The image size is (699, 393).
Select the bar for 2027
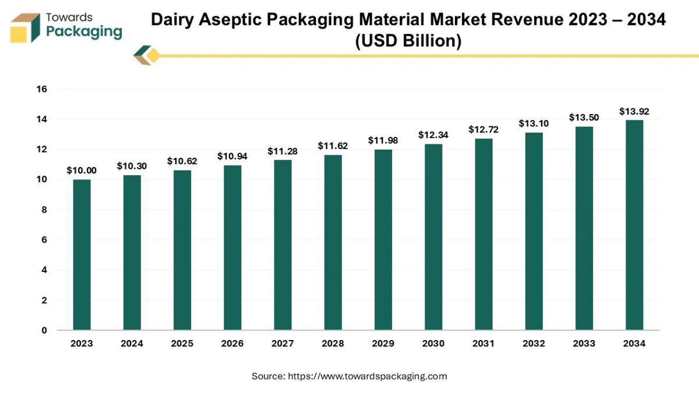(x=283, y=245)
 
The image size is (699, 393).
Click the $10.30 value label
(x=132, y=166)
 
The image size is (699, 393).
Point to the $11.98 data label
(x=383, y=140)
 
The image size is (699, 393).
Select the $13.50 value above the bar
(x=584, y=118)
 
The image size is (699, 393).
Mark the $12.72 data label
(x=483, y=129)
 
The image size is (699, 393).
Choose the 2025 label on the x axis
(x=182, y=344)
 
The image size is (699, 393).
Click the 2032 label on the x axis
(x=534, y=344)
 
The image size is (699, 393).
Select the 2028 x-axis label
(x=333, y=344)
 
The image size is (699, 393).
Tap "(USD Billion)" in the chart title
(x=407, y=41)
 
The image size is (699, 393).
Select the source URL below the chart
(x=368, y=376)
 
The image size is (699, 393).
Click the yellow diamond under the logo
(x=153, y=56)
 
